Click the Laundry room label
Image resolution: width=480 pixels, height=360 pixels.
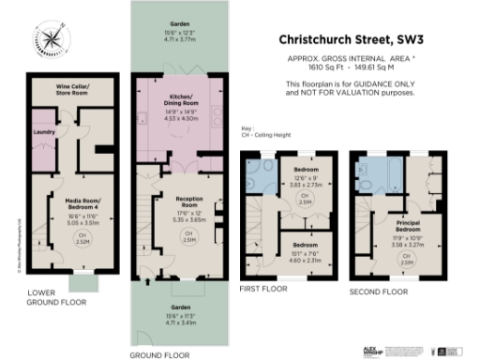pos(40,132)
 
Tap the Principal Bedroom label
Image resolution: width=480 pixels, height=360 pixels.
pos(406,226)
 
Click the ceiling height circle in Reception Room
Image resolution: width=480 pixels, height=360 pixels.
pos(188,239)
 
